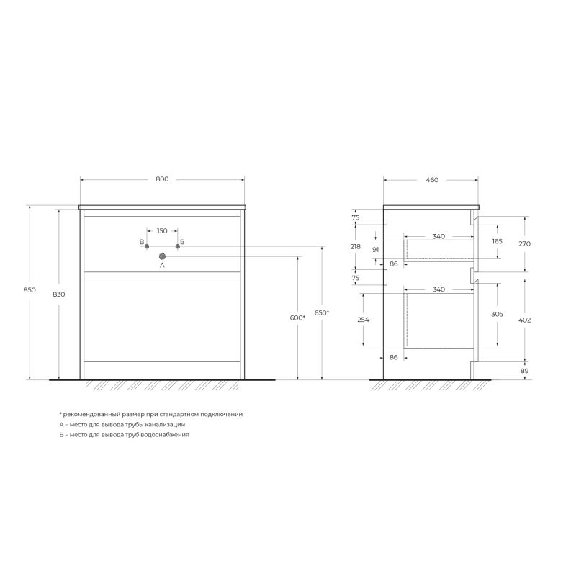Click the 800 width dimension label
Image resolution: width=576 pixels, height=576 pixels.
162,179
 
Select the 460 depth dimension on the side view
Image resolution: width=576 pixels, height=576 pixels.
432,179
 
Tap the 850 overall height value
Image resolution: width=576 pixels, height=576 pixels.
30,289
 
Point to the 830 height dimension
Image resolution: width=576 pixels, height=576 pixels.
58,294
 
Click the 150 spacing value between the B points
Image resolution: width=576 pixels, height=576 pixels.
162,230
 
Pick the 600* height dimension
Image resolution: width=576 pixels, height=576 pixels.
297,318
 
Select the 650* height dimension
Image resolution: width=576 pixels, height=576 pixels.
322,312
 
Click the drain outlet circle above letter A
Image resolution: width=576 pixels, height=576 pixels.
162,256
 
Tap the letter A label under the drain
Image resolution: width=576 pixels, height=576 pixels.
162,265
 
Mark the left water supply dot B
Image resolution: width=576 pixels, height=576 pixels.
147,246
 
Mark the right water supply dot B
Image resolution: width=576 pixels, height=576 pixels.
178,246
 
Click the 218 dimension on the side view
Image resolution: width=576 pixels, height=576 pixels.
355,246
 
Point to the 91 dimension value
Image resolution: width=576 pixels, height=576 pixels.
376,249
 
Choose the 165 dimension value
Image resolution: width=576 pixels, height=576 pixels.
498,241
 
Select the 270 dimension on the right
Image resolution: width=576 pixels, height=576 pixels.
525,243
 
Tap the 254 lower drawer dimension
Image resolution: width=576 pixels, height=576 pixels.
363,319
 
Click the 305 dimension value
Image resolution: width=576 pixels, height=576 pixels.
498,315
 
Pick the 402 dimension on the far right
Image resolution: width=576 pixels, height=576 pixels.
525,319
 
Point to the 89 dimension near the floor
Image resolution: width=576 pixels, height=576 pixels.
525,370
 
